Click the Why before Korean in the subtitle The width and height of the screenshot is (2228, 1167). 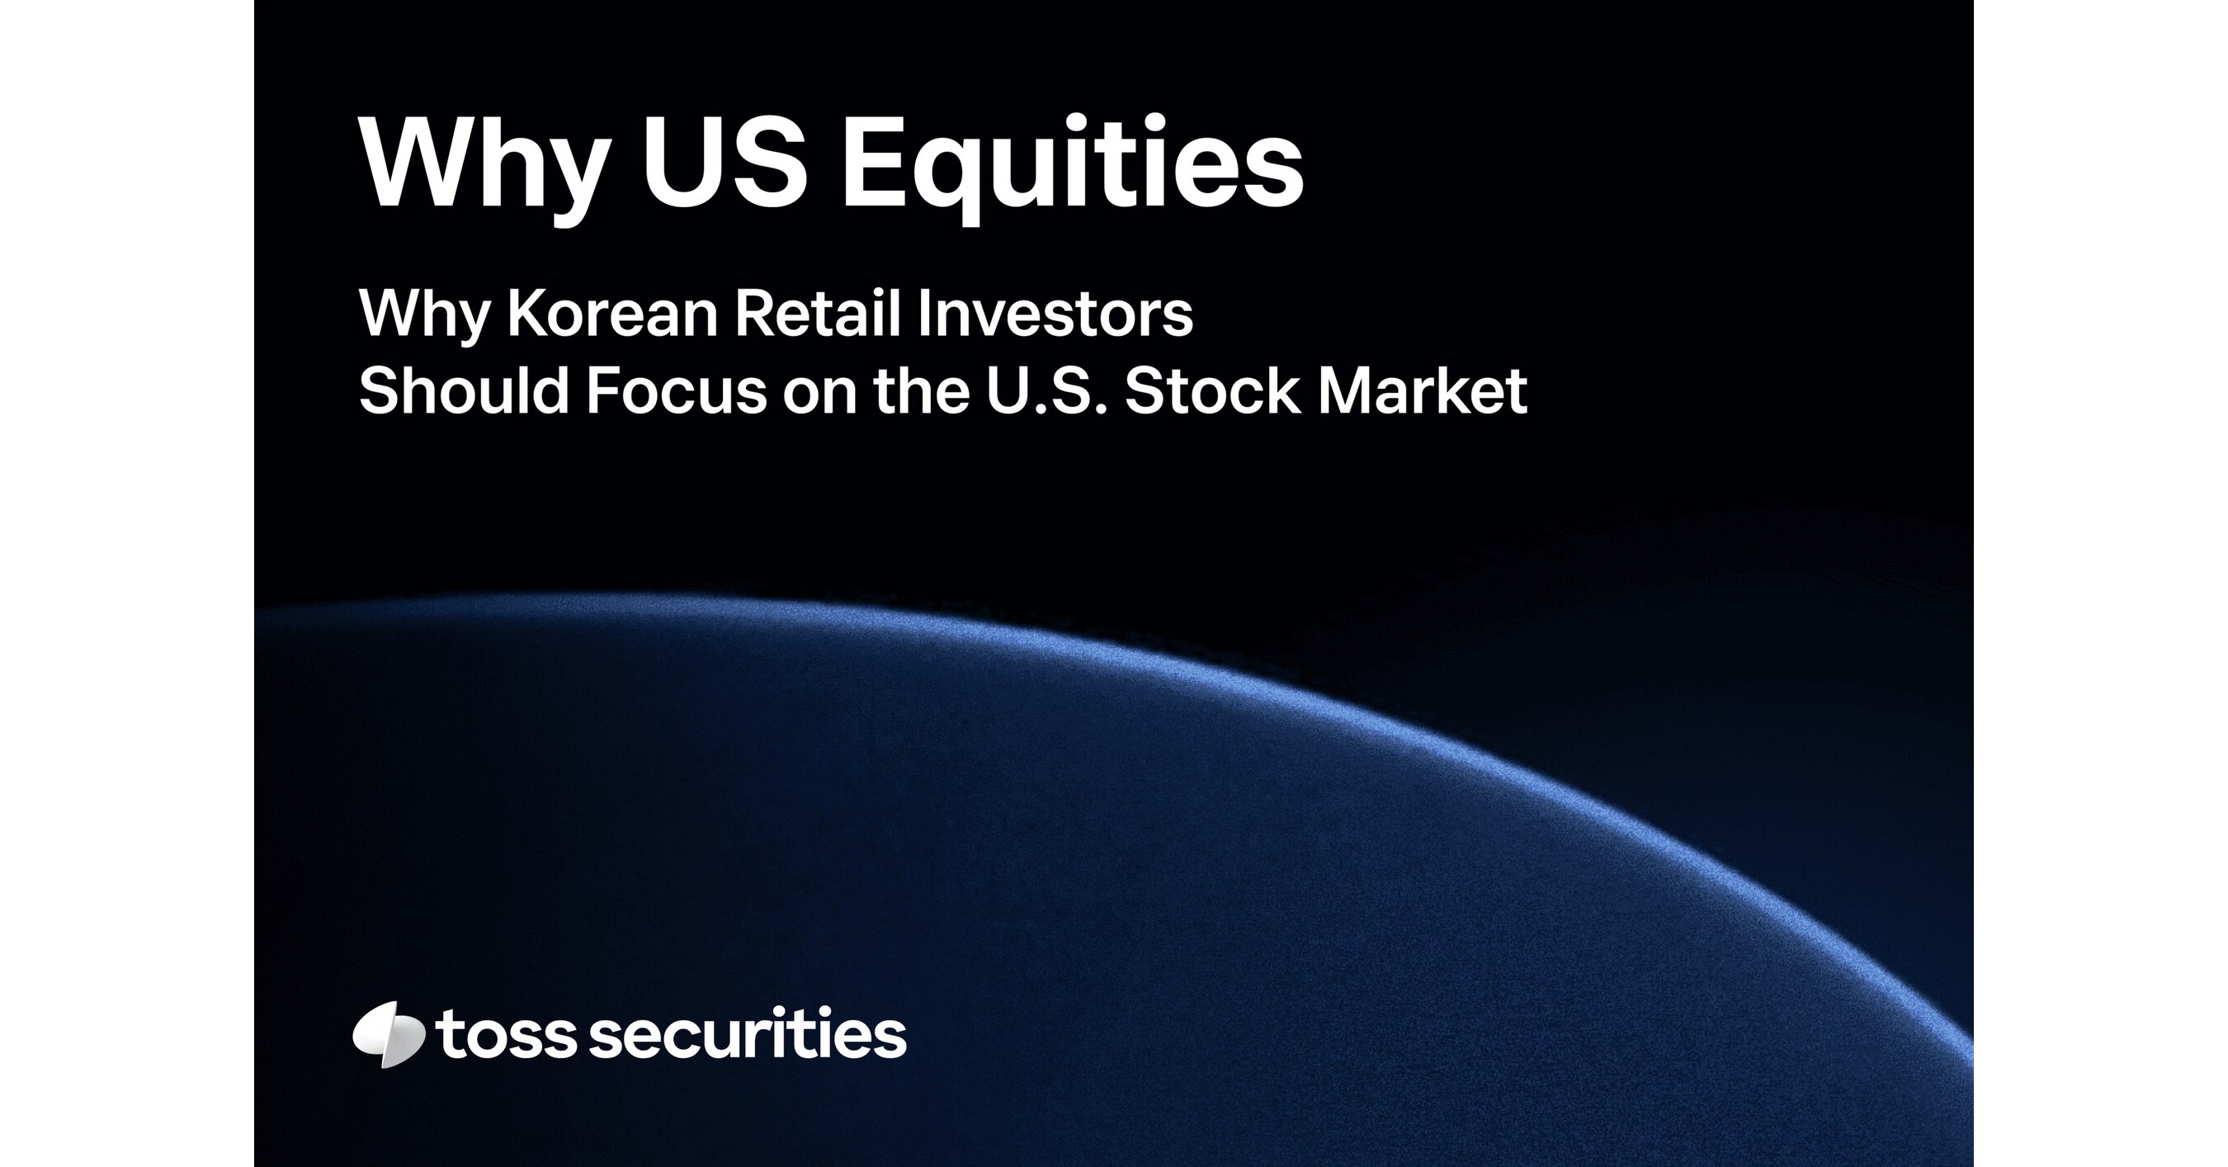(424, 315)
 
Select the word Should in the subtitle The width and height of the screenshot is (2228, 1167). (464, 390)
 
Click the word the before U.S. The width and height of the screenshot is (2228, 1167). (922, 390)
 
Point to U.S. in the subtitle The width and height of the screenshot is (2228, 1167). (1046, 390)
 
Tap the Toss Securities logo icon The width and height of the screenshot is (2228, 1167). (389, 1035)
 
